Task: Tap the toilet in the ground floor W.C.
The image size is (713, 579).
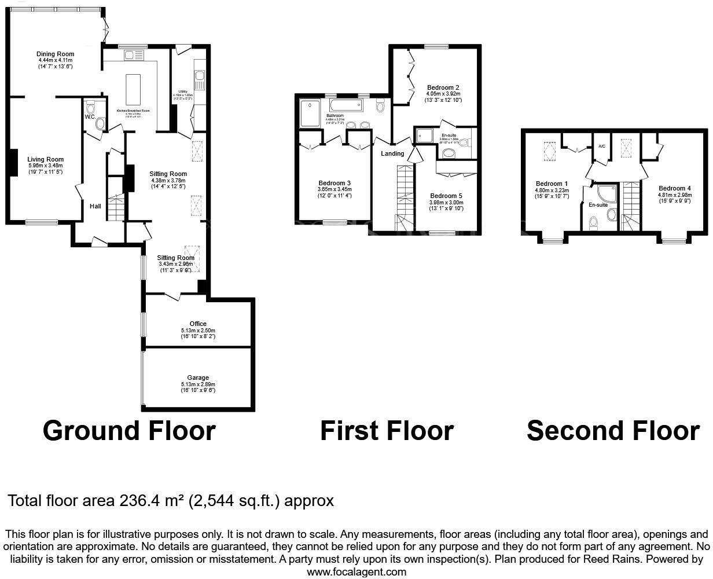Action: tap(100, 123)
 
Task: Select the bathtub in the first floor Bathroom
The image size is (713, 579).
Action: tap(346, 105)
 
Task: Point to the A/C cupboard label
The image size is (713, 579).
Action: tap(601, 146)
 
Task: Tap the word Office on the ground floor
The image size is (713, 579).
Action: tap(198, 324)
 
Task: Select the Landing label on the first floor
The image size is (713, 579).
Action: tap(392, 153)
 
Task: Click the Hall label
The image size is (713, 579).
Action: tap(95, 206)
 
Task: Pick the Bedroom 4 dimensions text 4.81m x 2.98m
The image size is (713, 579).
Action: tap(674, 195)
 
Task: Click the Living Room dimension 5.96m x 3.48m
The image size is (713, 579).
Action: tap(46, 166)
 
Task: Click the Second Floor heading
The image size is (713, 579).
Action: tap(613, 431)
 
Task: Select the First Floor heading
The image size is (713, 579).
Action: tap(387, 431)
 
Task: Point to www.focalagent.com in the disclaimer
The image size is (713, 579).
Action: tap(356, 572)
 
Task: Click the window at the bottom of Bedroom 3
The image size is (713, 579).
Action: tap(335, 221)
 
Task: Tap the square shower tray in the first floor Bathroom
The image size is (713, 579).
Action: tap(310, 113)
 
